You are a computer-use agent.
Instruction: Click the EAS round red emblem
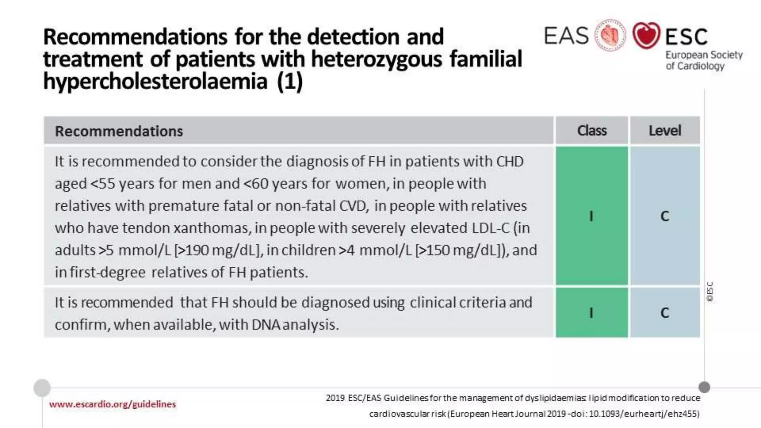tap(610, 35)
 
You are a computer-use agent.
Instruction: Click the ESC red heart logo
tap(646, 35)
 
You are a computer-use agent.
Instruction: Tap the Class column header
tap(592, 130)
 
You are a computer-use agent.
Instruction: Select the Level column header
tap(665, 130)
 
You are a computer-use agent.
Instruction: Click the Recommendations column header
tap(119, 131)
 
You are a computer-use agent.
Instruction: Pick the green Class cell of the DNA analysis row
tap(592, 312)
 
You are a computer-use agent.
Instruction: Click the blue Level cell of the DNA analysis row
tap(665, 312)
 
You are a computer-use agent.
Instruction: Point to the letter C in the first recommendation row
tap(665, 216)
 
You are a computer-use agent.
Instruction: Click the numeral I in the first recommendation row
tap(591, 216)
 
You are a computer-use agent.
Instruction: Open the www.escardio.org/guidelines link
tap(112, 404)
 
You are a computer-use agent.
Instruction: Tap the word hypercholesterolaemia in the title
tap(155, 81)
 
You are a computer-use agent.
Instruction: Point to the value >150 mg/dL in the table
tap(459, 250)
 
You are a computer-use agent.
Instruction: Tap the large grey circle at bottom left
tap(42, 388)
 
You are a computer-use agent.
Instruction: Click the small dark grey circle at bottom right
tap(704, 387)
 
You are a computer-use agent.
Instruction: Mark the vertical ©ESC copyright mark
tap(710, 292)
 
